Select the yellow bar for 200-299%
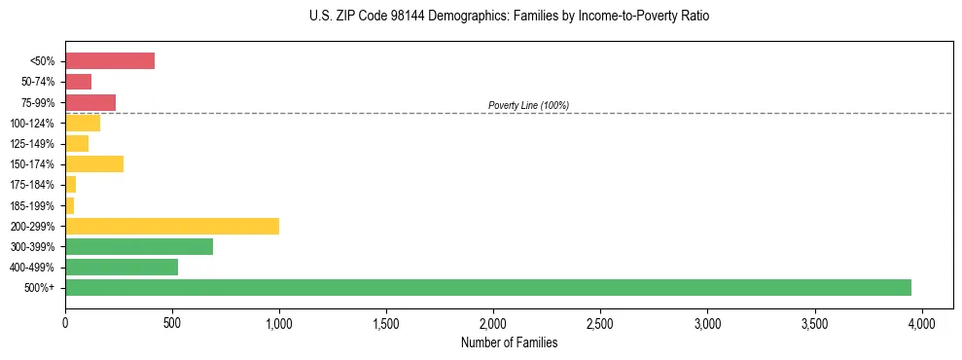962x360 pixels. click(172, 226)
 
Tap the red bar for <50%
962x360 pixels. click(110, 61)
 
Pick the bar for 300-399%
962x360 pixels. click(139, 246)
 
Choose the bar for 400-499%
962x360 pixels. click(122, 267)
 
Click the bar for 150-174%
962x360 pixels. click(94, 163)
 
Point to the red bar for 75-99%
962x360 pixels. click(90, 102)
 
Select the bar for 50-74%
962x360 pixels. click(79, 82)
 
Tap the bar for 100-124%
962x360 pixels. click(83, 123)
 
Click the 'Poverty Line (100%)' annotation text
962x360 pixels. click(528, 105)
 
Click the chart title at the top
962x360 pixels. click(481, 17)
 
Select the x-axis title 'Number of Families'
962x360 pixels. click(509, 342)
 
